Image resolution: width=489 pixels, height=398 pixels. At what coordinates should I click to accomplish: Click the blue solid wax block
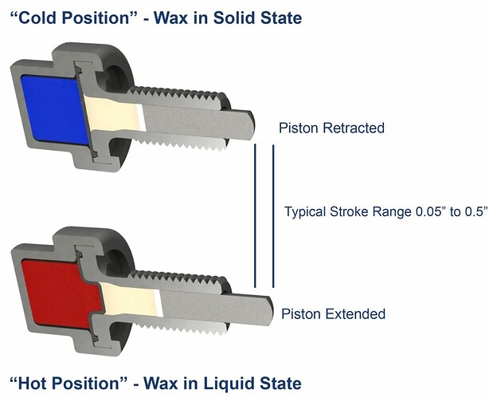click(x=54, y=109)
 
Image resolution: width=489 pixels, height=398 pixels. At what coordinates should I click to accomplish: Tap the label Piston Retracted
click(x=331, y=128)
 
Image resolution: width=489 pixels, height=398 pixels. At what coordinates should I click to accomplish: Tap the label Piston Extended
click(x=334, y=313)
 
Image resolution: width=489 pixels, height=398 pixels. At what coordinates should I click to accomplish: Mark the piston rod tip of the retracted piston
click(x=249, y=122)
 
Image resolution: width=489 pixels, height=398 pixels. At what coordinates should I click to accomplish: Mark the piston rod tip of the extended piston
click(x=269, y=305)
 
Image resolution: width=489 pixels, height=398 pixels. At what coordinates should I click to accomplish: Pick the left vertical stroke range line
click(x=255, y=215)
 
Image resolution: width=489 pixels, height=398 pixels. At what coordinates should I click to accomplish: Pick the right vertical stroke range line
click(x=273, y=215)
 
